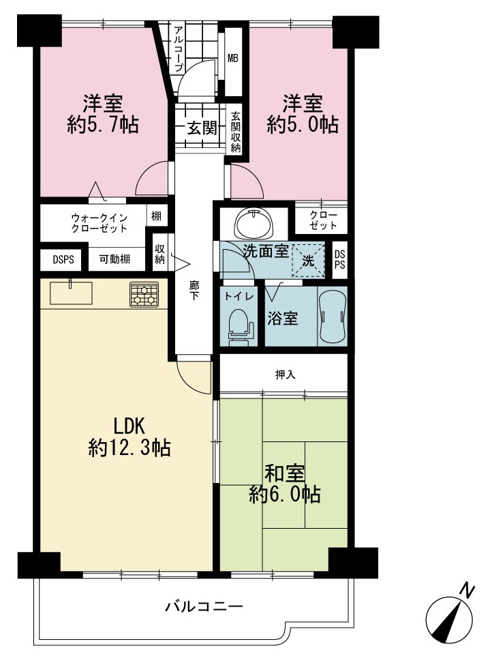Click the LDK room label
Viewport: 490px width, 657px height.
[x=129, y=426]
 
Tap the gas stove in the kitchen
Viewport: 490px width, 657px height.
[x=144, y=294]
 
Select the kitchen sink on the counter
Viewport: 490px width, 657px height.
[x=71, y=293]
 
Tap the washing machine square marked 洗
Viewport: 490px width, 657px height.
[x=309, y=260]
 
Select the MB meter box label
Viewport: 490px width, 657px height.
[x=232, y=58]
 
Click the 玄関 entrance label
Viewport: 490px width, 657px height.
[x=202, y=128]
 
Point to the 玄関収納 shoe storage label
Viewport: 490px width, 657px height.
[x=236, y=132]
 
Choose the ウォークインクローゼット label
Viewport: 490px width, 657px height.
[x=99, y=223]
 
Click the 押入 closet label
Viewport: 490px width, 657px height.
[x=285, y=375]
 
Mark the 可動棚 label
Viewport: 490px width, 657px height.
[x=114, y=259]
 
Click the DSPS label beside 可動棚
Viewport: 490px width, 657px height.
[x=63, y=260]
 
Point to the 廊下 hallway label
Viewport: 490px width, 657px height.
[x=194, y=291]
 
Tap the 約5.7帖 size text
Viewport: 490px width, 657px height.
[x=103, y=124]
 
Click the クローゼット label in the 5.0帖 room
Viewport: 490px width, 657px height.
[x=322, y=220]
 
